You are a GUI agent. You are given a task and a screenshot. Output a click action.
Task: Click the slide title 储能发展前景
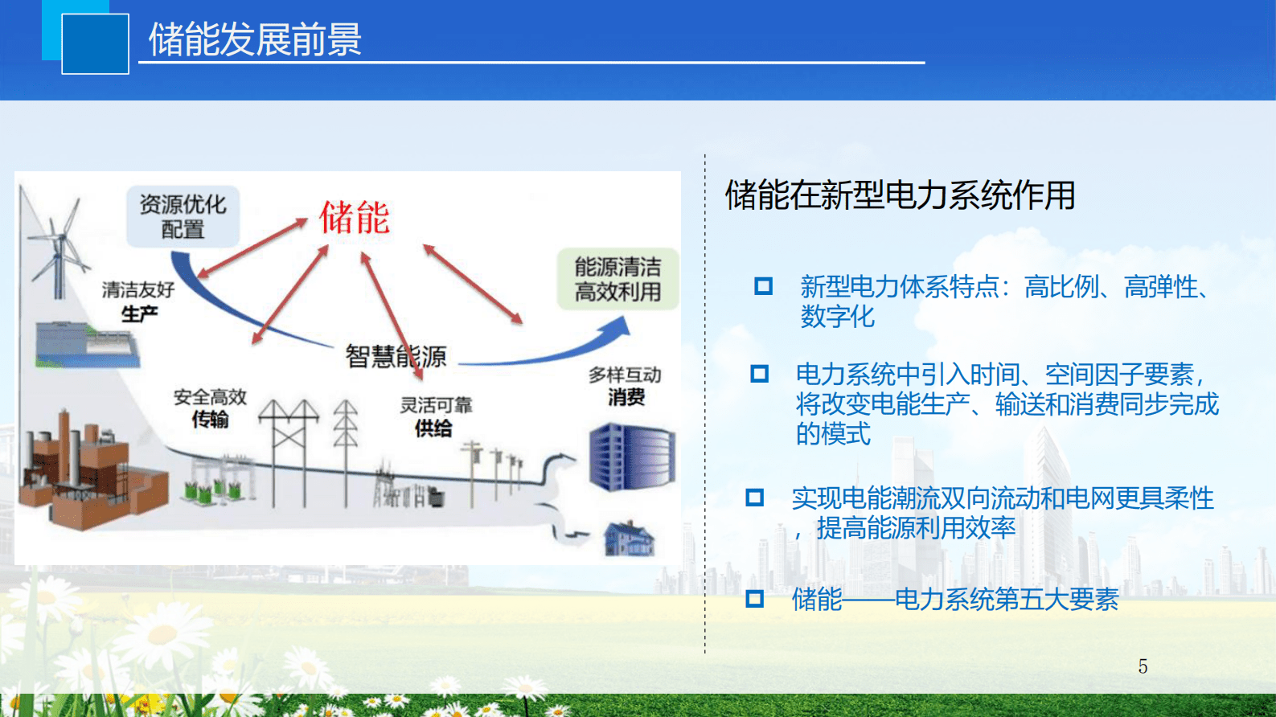(255, 39)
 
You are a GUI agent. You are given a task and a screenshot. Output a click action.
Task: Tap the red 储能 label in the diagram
(354, 218)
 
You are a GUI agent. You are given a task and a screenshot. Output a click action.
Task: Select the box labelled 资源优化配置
(183, 216)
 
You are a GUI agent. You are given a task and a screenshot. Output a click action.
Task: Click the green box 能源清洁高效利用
(617, 279)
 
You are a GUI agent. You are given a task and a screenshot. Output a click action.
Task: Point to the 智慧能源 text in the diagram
(396, 356)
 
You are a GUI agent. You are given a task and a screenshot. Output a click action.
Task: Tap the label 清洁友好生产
(138, 301)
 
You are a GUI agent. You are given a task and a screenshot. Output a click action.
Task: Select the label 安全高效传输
(210, 408)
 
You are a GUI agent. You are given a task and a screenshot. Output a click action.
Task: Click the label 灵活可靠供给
(435, 416)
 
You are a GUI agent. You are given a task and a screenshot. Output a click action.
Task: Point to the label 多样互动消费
(625, 386)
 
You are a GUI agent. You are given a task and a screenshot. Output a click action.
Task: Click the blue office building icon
(631, 457)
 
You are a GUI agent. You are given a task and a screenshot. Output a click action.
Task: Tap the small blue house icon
(629, 538)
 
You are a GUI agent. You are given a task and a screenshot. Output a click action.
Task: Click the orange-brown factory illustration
(88, 474)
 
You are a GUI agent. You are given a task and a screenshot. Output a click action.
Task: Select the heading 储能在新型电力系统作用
(900, 195)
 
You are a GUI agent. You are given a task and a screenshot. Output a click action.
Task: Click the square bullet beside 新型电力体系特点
(763, 286)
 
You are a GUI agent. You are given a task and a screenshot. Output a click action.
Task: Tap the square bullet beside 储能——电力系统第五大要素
(754, 598)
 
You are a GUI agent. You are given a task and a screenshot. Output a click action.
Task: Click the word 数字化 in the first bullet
(837, 316)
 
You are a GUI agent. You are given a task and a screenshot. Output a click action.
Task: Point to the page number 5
(1143, 666)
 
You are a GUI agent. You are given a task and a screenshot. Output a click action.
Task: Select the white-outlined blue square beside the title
(95, 44)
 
